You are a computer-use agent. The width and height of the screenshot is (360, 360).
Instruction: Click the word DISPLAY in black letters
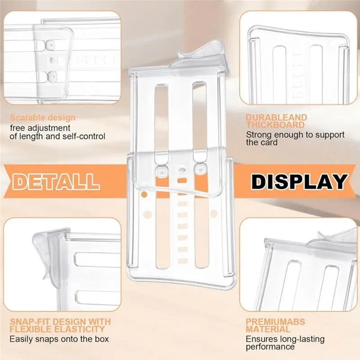pos(299,182)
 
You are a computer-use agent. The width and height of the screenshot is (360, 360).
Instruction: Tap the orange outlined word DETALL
pos(56,182)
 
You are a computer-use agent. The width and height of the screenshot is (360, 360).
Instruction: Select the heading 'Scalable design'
pos(43,117)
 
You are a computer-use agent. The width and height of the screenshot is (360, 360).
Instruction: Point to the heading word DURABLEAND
pos(276,117)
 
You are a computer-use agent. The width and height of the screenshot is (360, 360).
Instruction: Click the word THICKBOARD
pos(275,125)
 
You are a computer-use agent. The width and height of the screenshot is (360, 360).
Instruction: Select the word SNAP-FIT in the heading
pos(30,322)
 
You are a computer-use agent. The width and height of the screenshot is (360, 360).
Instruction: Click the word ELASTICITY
pos(80,329)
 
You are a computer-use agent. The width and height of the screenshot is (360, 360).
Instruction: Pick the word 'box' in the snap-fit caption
pos(102,339)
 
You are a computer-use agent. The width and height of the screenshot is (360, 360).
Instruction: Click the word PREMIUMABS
pos(275,322)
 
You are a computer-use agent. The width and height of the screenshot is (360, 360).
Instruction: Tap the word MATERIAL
pos(268,329)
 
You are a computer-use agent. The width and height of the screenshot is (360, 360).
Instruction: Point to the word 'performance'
pos(270,346)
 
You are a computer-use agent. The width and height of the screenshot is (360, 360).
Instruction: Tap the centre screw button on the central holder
pos(182,170)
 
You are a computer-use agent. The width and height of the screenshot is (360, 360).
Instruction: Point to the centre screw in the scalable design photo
pos(52,60)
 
